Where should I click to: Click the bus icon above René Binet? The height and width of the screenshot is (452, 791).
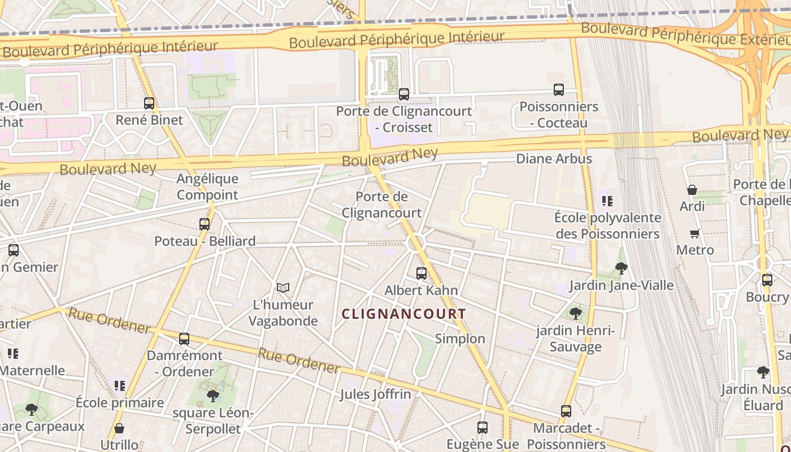pos(149,103)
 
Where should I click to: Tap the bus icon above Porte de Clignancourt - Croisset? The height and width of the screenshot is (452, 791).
pos(404,94)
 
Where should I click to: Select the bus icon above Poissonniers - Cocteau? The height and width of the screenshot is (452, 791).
pos(559,90)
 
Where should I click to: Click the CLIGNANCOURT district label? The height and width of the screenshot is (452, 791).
pos(405,314)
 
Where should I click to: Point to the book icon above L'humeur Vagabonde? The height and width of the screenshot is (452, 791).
pos(283,288)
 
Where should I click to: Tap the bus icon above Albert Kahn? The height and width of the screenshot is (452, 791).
pos(421,273)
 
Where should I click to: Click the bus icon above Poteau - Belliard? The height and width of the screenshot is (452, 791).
pos(205,224)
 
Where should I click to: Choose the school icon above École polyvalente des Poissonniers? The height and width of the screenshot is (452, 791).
pos(607,201)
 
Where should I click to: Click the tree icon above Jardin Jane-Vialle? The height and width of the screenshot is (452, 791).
pos(621,268)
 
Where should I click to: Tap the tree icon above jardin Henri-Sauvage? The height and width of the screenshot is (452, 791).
pos(576,313)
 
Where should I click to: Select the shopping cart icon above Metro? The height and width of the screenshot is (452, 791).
pos(695,233)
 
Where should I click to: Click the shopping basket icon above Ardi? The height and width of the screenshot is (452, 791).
pos(692,190)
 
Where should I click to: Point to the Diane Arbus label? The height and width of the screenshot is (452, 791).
pos(554,159)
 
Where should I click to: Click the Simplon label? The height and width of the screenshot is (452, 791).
pos(460,338)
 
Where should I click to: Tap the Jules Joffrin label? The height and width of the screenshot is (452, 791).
pos(375,394)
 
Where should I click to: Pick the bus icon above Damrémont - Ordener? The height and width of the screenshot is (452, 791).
pos(184,340)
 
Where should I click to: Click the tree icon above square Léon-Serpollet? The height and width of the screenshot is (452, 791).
pos(212,396)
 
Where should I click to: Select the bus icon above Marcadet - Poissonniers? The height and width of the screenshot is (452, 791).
pos(566,411)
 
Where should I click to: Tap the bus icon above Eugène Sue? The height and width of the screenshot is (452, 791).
pos(483,428)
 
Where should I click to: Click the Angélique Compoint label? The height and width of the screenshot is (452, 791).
pos(207,186)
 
